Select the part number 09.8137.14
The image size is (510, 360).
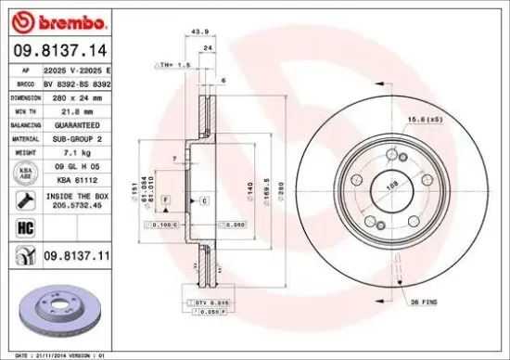pos(59,51)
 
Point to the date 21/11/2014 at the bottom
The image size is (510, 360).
pos(55,354)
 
